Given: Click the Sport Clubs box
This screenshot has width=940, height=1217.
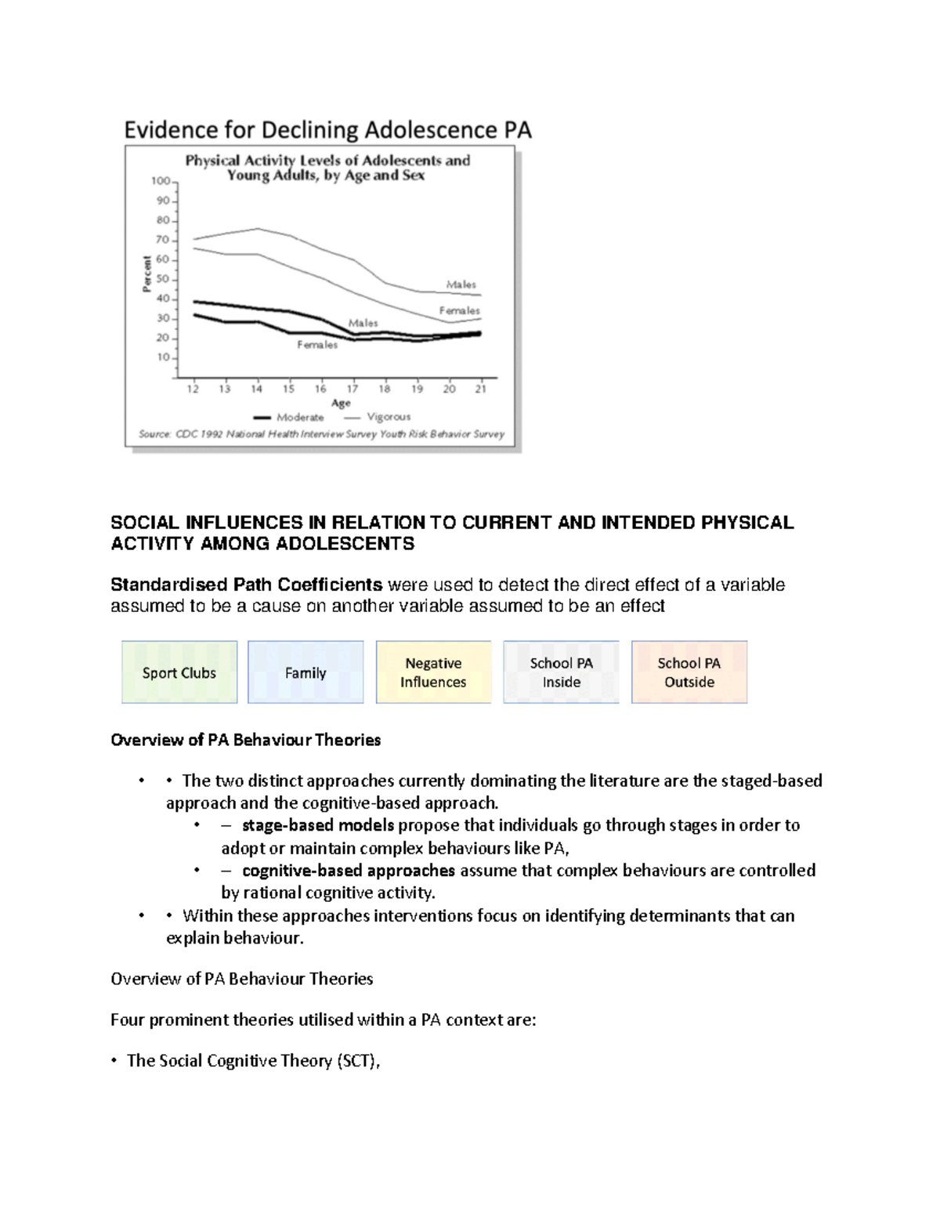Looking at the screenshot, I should pos(179,672).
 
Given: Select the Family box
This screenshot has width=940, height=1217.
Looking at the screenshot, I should pos(305,672).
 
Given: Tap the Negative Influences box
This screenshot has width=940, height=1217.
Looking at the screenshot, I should pos(433,672).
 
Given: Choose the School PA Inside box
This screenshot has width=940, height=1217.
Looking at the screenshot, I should pos(561,672).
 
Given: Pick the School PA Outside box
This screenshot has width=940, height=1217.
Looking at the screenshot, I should pos(689,672).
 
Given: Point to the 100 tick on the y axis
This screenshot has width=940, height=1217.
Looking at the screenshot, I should pos(161,181).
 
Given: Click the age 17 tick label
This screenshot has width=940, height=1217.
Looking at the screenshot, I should pos(352,389).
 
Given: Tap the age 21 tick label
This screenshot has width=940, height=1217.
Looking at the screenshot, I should pos(481,389).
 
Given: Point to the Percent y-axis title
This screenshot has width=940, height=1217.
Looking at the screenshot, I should pos(146,274).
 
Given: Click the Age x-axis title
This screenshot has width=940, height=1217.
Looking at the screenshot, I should pos(341,403).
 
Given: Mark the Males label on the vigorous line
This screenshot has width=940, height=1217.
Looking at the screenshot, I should pos(461,284).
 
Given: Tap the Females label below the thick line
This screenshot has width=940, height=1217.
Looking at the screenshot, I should pos(317,345).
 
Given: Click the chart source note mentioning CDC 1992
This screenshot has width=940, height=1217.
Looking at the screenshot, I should pos(321,434).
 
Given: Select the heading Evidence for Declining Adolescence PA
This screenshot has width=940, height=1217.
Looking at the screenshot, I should pos(327,129).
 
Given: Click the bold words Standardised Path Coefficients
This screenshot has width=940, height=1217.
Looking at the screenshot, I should pos(246,585).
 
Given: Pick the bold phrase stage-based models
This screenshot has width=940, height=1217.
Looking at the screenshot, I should pos(318,825).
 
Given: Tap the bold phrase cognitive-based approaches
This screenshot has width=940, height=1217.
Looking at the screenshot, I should pos(349,871).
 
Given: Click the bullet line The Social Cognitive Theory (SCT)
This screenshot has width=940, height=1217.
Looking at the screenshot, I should pos(253,1060).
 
